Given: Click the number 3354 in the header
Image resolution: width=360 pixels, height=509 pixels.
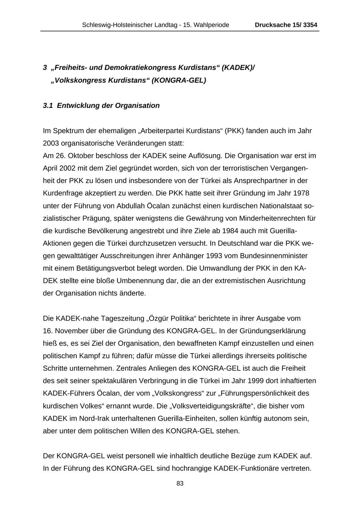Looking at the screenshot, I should pyautogui.click(x=310, y=25).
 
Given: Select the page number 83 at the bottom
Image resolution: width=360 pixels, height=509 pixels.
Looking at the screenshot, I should pyautogui.click(x=180, y=483).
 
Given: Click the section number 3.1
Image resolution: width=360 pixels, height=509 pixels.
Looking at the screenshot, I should pyautogui.click(x=48, y=106).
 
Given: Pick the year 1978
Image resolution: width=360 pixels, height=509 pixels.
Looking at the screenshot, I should pyautogui.click(x=301, y=193).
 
